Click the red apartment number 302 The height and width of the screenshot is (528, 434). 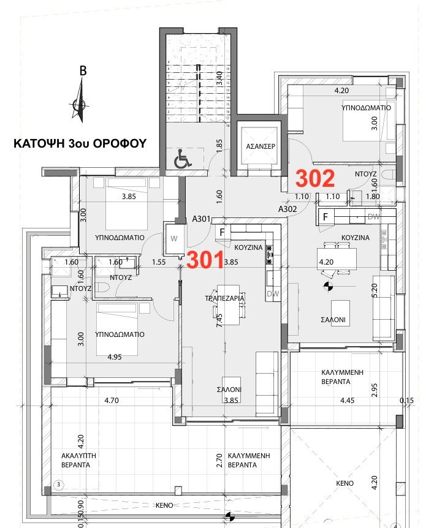click(x=316, y=178)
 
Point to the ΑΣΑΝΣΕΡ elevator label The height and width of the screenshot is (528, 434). click(x=260, y=147)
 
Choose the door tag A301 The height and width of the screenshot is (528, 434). click(x=202, y=218)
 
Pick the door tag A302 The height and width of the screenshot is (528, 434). click(x=287, y=209)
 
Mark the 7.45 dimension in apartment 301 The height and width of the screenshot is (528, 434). click(x=218, y=319)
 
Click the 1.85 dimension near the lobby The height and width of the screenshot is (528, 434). click(x=219, y=145)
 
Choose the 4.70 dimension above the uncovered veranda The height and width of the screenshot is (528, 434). click(x=111, y=401)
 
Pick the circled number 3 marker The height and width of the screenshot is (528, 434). click(x=59, y=484)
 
